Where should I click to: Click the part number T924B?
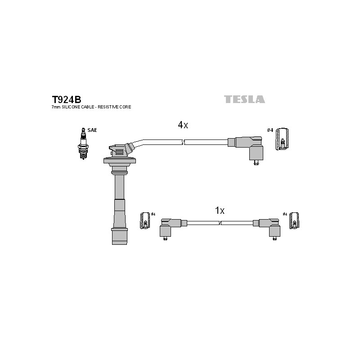click(x=67, y=99)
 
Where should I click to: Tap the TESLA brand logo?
click(x=244, y=99)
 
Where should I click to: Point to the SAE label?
click(x=92, y=130)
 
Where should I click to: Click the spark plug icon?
click(x=83, y=144)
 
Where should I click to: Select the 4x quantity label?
click(x=183, y=125)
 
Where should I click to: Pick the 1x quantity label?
click(x=220, y=210)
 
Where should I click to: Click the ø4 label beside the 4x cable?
click(x=270, y=130)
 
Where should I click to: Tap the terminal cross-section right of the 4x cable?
click(x=282, y=139)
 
